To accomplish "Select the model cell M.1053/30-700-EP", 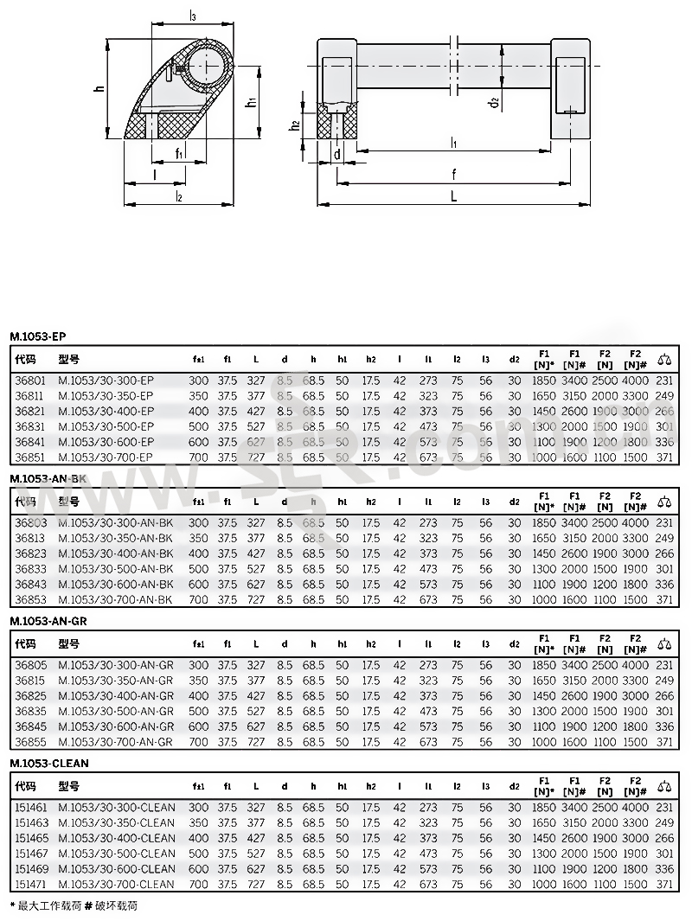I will coord(106,457).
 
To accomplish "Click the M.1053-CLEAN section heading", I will coord(49,764).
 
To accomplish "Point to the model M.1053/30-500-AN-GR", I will coord(115,711).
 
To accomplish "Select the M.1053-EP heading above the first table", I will coord(38,336).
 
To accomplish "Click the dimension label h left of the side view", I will coord(99,88).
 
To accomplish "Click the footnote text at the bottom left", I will coord(74,905).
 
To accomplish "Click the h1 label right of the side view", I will coord(250,103).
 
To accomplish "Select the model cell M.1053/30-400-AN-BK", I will coord(115,553).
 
